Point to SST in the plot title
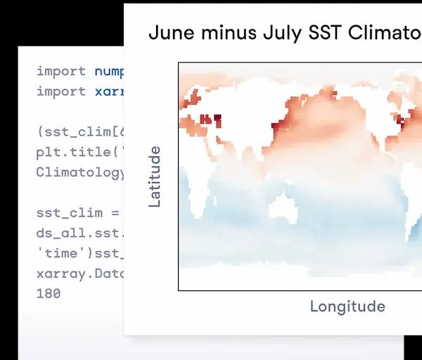[324, 33]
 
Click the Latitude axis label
[155, 176]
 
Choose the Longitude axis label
[347, 306]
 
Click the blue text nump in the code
[109, 71]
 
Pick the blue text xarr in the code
[109, 91]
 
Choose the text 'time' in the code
[58, 253]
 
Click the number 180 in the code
[49, 293]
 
